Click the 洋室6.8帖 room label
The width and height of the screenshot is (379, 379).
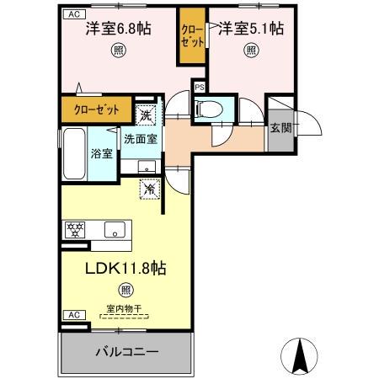[x=118, y=29]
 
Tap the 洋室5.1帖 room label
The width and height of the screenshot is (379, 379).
[x=252, y=29]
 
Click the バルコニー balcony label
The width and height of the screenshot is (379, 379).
[x=126, y=350]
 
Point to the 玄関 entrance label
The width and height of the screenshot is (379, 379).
[x=280, y=129]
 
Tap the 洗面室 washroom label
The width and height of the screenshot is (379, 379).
[x=140, y=138]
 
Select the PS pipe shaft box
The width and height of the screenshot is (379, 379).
[x=200, y=87]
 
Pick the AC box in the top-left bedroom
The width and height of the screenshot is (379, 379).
[x=72, y=13]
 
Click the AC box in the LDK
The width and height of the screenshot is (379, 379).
[x=72, y=314]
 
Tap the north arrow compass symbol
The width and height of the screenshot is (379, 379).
[x=297, y=357]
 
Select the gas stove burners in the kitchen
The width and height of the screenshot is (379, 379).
[x=74, y=227]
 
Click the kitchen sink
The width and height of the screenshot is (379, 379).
[x=115, y=227]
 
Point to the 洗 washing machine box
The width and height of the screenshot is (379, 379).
[x=146, y=114]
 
